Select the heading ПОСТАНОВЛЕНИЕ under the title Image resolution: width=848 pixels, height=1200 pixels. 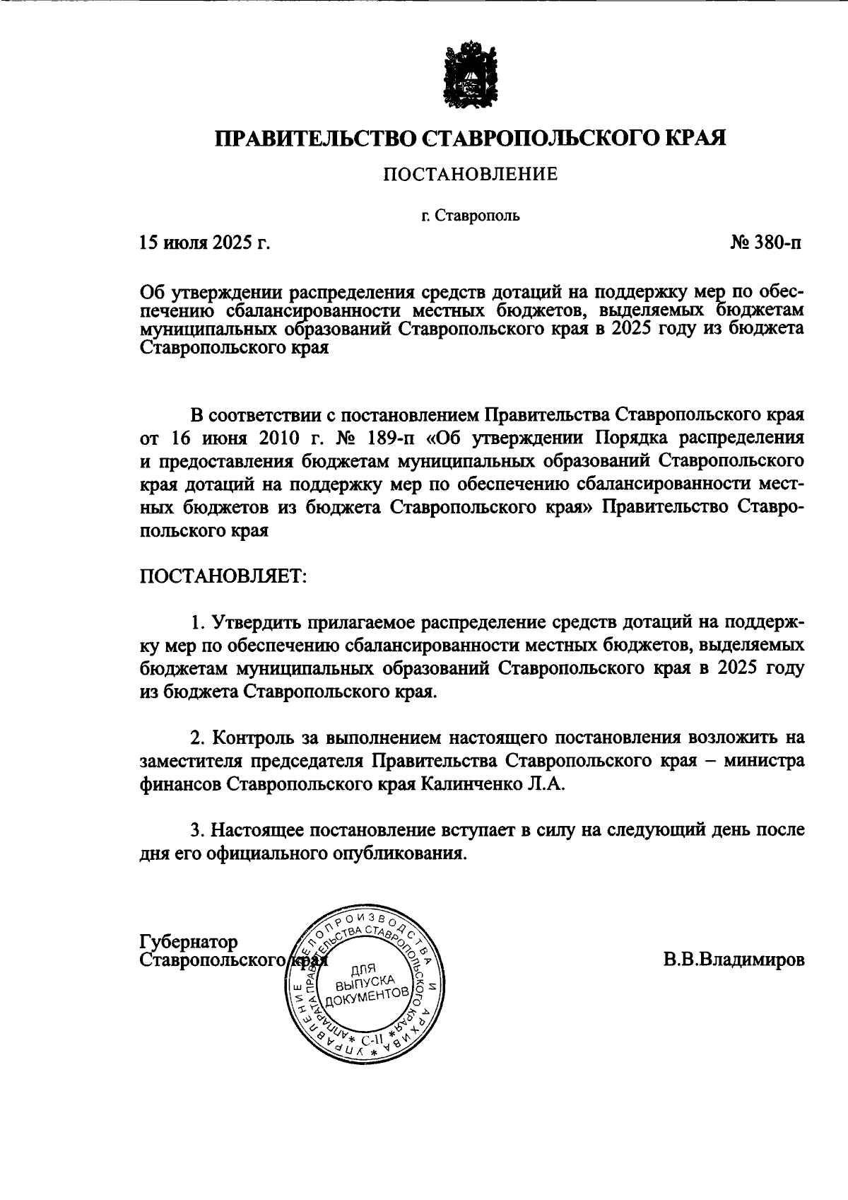click(x=471, y=173)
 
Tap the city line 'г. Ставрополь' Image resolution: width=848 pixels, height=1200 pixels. click(x=471, y=216)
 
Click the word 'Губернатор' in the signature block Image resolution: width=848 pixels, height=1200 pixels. click(x=189, y=943)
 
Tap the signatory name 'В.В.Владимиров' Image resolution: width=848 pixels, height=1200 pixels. click(x=734, y=960)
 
